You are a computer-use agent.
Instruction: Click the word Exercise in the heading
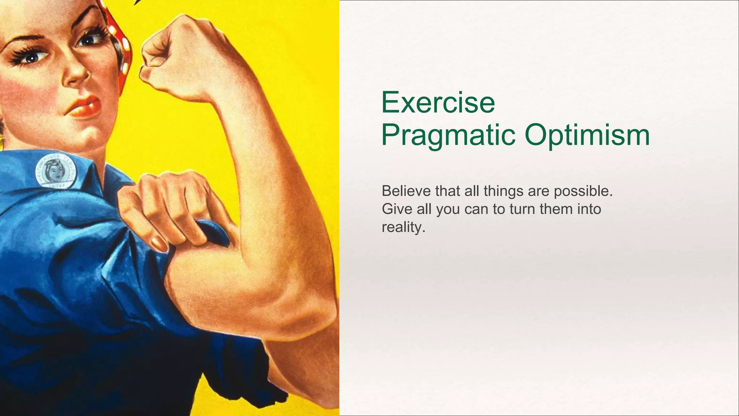(438, 103)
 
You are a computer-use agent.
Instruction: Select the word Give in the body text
(397, 209)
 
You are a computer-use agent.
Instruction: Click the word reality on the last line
(403, 227)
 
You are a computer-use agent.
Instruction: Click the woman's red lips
(86, 107)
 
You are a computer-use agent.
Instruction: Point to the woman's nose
(78, 74)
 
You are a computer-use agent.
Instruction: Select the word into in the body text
(589, 209)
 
